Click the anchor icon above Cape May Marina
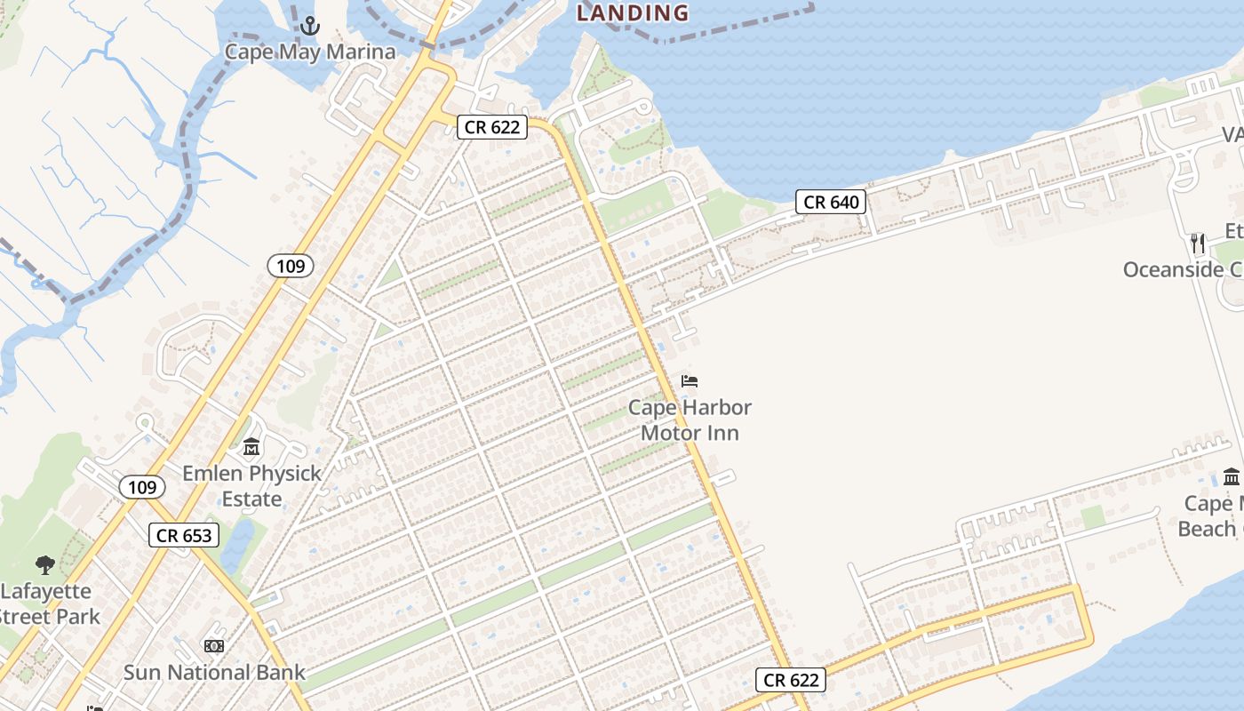309,26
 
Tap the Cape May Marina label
309,52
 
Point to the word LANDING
633,12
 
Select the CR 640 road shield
831,203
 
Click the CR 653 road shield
184,535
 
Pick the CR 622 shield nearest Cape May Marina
492,127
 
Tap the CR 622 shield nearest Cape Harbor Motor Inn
791,681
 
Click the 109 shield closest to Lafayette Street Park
141,487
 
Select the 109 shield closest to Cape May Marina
291,265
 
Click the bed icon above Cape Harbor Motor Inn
690,381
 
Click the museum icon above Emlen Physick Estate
251,446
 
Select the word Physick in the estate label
277,473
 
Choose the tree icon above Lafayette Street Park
45,564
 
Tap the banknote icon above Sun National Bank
214,646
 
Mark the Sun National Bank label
214,673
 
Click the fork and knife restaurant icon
1198,243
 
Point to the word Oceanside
1173,269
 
